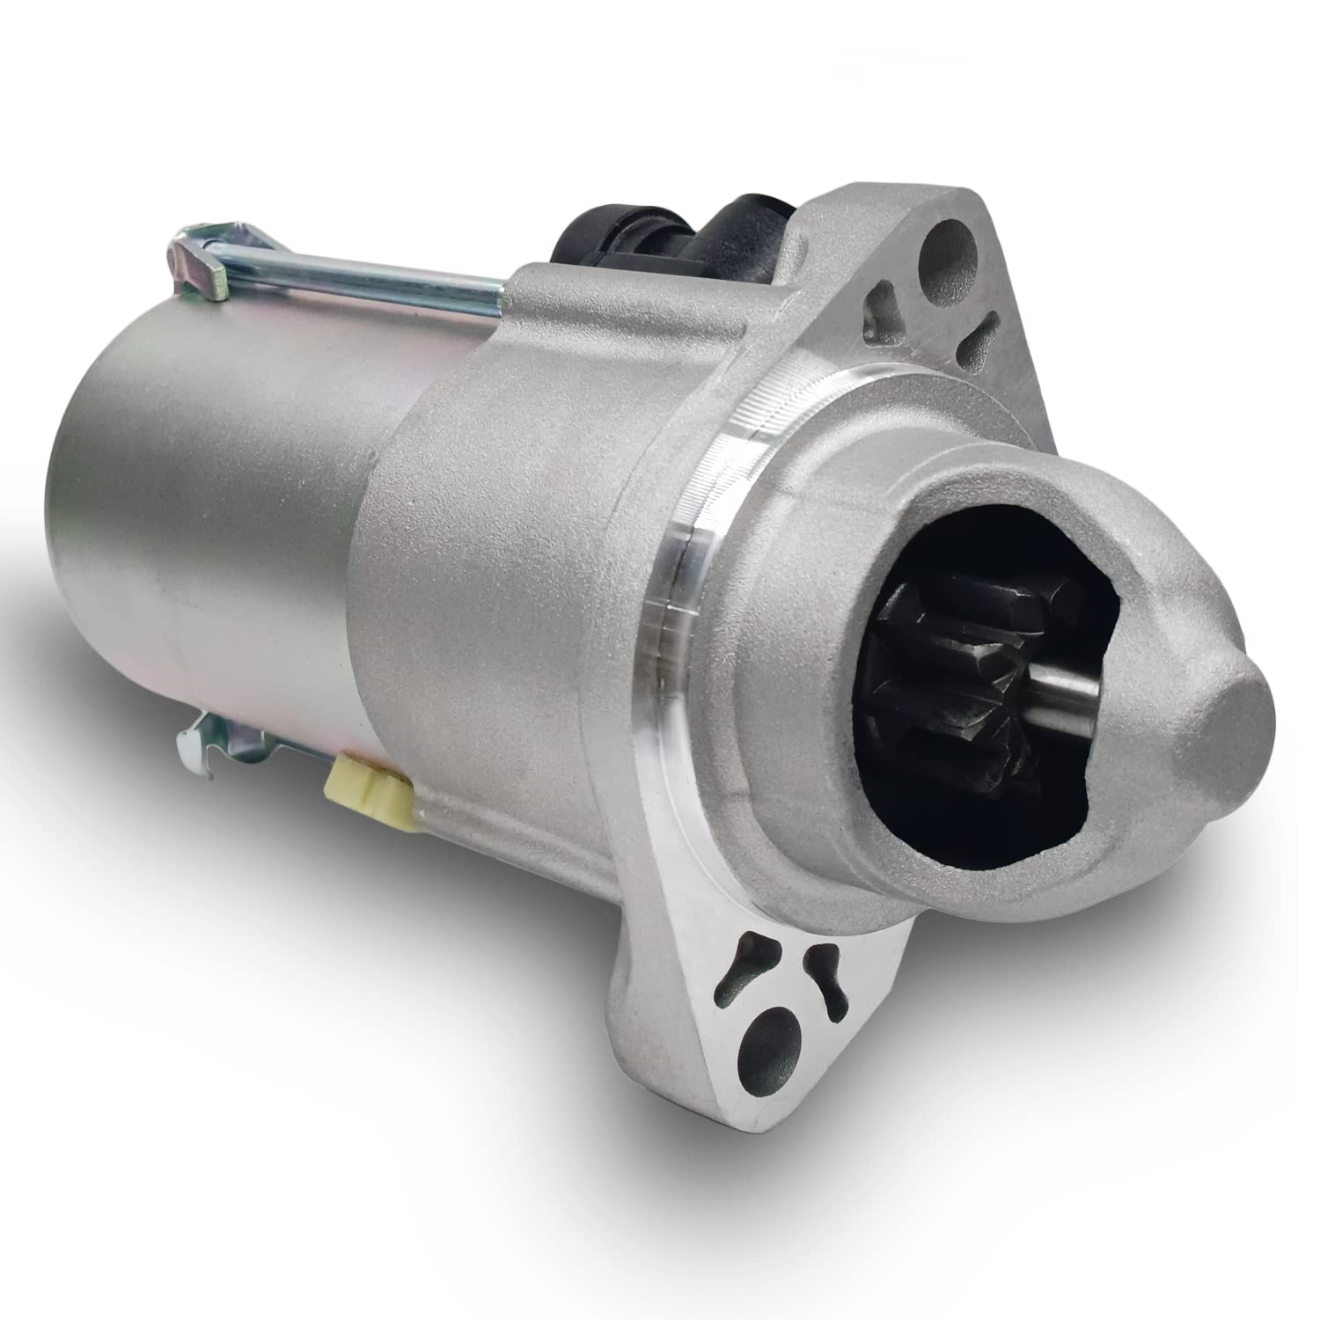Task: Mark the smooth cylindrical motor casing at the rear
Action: pos(202,528)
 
